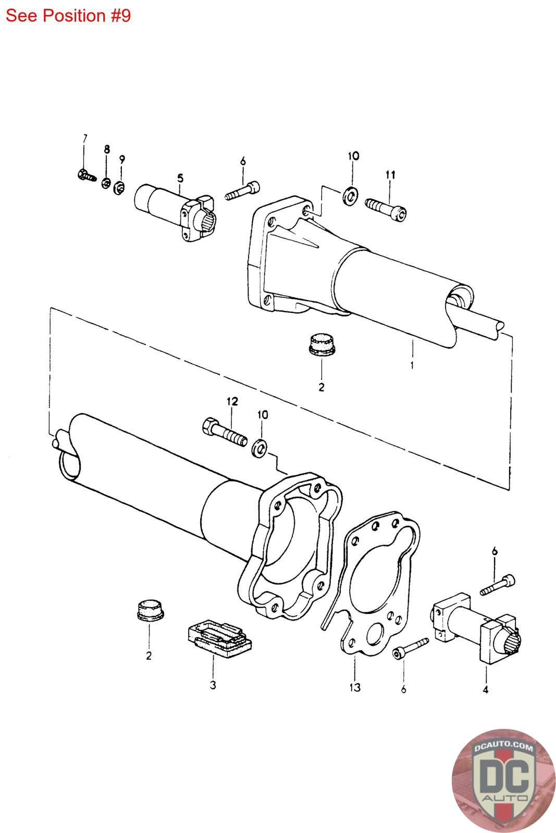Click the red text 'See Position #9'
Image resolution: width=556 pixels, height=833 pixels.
[x=68, y=16]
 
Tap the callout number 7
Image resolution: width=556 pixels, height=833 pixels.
[x=85, y=138]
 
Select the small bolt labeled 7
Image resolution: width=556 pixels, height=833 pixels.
[x=87, y=175]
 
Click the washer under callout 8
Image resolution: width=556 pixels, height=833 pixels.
[x=106, y=183]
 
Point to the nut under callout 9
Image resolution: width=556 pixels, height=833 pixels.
[x=119, y=187]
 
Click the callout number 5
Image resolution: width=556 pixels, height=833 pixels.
[x=180, y=178]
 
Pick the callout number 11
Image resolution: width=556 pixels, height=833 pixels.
[x=390, y=174]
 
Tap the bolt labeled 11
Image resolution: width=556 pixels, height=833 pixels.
[x=386, y=210]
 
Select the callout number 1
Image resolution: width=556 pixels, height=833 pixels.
[x=412, y=365]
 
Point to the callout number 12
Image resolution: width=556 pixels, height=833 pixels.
[x=232, y=401]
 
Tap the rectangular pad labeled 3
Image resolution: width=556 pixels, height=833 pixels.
[x=219, y=638]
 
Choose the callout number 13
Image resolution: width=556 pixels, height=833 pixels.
[x=355, y=687]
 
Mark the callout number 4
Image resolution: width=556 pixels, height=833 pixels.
[x=485, y=689]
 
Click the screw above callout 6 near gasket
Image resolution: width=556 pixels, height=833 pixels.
[x=411, y=648]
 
